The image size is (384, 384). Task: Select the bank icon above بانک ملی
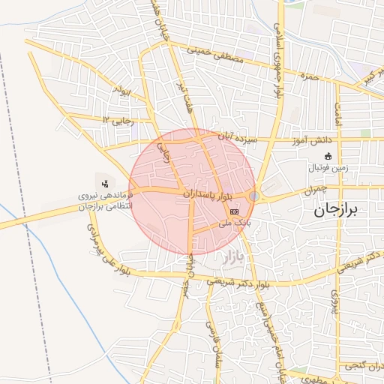235,213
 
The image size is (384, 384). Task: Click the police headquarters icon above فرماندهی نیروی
104,182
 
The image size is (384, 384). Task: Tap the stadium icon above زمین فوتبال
328,157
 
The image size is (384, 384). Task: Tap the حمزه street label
310,76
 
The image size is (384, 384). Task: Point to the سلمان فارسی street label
211,337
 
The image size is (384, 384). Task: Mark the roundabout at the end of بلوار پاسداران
255,196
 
